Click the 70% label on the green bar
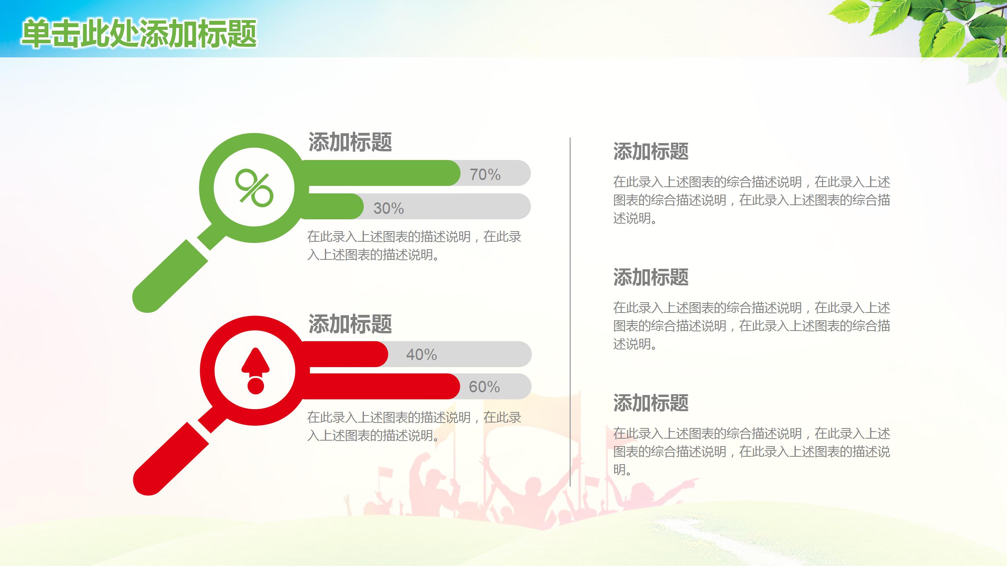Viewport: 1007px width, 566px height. [x=485, y=175]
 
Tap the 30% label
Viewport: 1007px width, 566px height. [x=389, y=208]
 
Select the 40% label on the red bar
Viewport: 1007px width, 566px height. [x=421, y=355]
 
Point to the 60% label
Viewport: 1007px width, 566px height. [x=484, y=387]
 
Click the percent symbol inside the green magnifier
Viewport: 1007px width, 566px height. [x=254, y=188]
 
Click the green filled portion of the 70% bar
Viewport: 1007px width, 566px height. [x=378, y=173]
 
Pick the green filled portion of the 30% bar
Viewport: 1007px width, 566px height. [x=334, y=206]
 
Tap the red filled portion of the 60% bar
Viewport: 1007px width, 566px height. [x=382, y=386]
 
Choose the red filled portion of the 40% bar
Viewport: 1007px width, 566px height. [x=346, y=354]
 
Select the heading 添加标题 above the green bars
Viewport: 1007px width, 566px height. [x=350, y=142]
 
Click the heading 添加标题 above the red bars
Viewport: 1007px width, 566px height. [x=350, y=324]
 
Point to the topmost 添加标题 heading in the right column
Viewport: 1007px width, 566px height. [x=651, y=151]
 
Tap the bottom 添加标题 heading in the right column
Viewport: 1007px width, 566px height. [x=651, y=403]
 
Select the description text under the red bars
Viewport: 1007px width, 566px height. [x=414, y=426]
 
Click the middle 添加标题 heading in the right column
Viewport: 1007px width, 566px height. [x=651, y=277]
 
